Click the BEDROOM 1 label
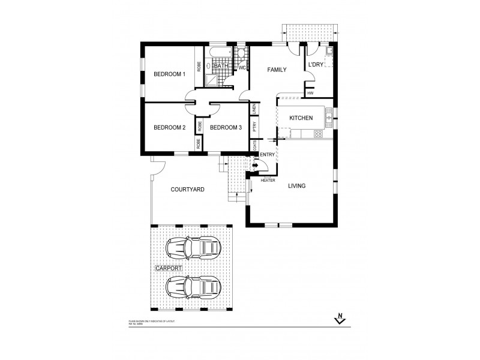tap(169, 74)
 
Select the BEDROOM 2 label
tap(169, 127)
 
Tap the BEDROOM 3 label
tap(226, 127)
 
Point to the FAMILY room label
tap(277, 70)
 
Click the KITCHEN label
tap(301, 118)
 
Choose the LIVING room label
tap(296, 186)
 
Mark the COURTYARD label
tap(188, 189)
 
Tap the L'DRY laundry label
tap(316, 65)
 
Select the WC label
tap(242, 68)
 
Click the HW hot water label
tap(310, 93)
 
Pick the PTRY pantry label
tap(255, 127)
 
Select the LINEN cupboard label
tap(255, 109)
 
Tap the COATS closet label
tap(255, 146)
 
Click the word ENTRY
tap(268, 155)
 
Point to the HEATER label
tap(268, 179)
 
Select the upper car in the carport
tap(193, 246)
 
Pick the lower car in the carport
tap(193, 288)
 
